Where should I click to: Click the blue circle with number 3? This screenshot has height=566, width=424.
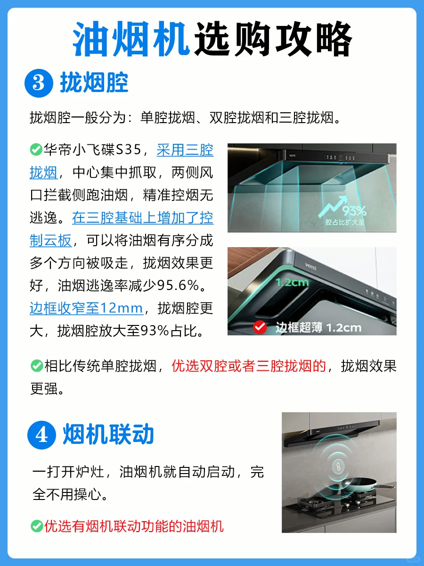[x=39, y=83]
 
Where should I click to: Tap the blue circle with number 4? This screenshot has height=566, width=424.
[x=42, y=435]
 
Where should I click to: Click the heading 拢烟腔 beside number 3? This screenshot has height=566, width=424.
[x=94, y=83]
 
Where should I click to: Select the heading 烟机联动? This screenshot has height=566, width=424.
[x=108, y=434]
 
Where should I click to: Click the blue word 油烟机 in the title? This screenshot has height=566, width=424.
[x=131, y=39]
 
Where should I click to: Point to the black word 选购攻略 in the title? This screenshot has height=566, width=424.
[x=273, y=39]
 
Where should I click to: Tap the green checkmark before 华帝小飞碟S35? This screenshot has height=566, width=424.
[x=36, y=150]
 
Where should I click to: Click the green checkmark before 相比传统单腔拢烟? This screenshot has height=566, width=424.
[x=37, y=366]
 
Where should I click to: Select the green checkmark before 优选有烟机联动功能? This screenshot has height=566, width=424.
[x=37, y=526]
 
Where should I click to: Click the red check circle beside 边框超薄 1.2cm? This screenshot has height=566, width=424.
[x=260, y=327]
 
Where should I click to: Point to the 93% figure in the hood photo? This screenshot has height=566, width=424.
[x=354, y=211]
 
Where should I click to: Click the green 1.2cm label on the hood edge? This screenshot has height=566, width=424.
[x=292, y=283]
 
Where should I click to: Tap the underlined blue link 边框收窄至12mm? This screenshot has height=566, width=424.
[x=86, y=308]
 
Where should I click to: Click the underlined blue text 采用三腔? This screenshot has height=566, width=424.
[x=185, y=150]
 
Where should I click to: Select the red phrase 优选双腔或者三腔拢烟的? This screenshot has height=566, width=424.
[x=249, y=366]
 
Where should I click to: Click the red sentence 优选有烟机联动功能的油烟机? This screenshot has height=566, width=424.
[x=134, y=526]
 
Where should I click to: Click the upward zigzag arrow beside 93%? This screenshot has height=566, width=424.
[x=333, y=206]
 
